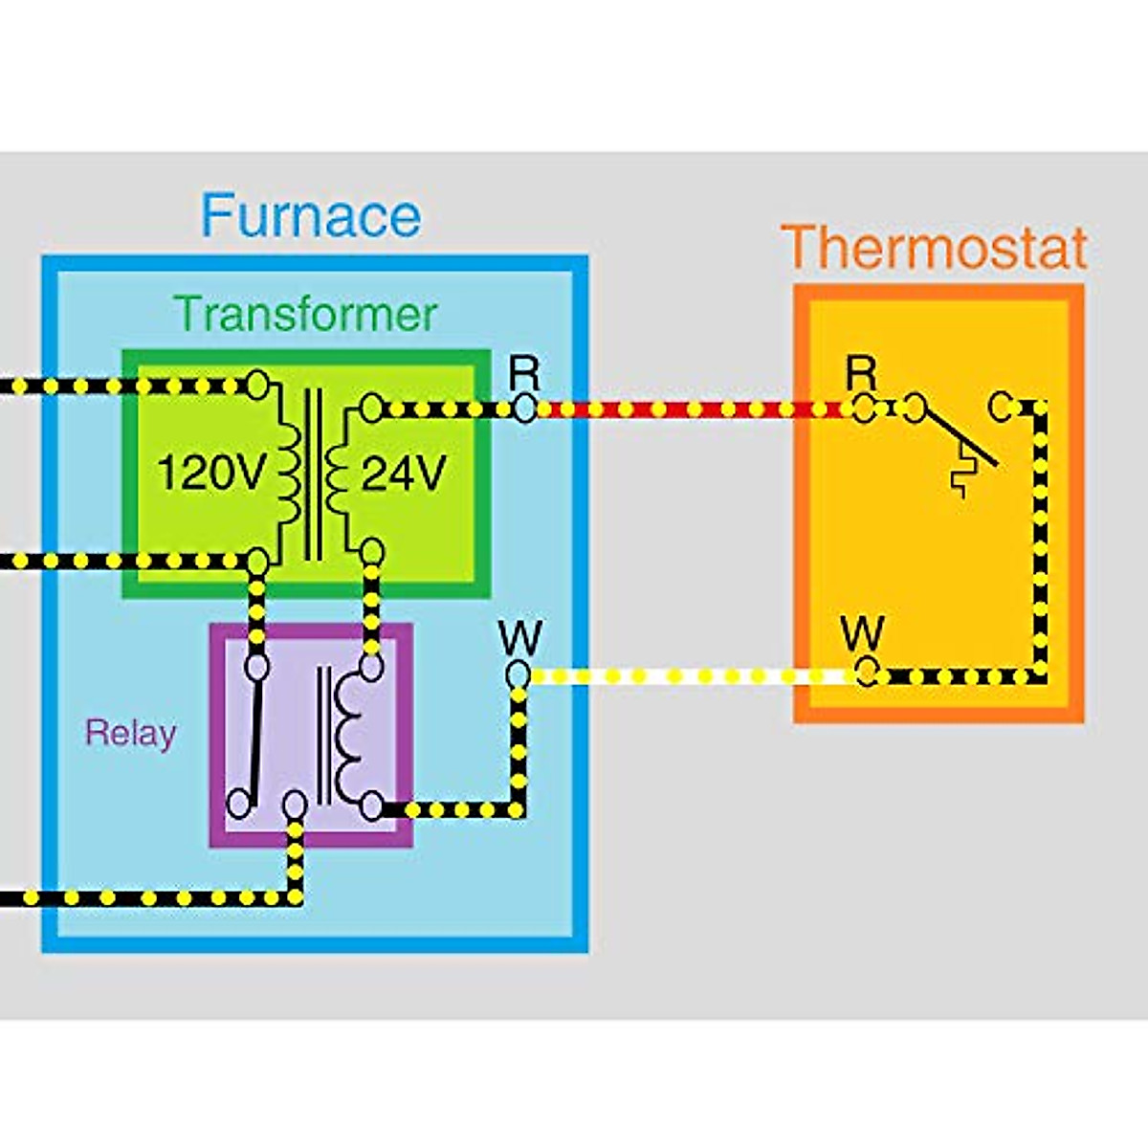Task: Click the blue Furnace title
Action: [x=311, y=215]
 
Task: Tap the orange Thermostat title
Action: [x=935, y=248]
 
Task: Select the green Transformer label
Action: [x=306, y=314]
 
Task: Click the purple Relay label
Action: [x=131, y=733]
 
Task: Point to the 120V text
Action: [x=209, y=473]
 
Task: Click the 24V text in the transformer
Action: [x=403, y=473]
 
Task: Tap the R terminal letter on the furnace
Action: [x=523, y=371]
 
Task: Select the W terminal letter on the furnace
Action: [x=519, y=637]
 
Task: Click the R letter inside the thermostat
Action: [x=861, y=372]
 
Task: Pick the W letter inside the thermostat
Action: [x=862, y=633]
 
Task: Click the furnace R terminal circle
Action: [x=523, y=409]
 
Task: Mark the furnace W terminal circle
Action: [x=519, y=675]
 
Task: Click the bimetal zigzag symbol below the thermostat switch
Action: [x=962, y=475]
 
